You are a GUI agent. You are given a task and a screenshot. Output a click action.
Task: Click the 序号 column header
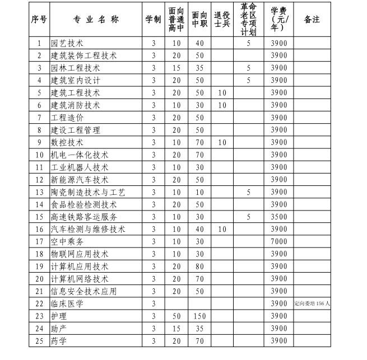(39, 19)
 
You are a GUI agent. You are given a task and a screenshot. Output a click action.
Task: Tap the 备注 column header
(312, 19)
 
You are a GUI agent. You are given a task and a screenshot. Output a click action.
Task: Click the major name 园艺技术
(67, 43)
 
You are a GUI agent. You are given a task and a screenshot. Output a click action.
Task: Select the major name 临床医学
(67, 303)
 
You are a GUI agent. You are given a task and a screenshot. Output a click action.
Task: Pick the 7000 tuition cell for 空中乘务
(278, 241)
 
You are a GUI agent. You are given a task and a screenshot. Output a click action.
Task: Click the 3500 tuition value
(278, 217)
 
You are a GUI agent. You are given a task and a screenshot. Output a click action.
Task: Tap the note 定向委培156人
(312, 303)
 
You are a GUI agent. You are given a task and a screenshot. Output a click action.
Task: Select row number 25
(39, 340)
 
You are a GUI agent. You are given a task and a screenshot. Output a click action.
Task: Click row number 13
(39, 192)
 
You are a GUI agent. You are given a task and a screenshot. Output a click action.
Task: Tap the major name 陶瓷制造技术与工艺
(87, 192)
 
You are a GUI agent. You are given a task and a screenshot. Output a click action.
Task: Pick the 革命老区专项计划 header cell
(248, 19)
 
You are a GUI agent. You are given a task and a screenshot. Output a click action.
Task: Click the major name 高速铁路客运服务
(83, 217)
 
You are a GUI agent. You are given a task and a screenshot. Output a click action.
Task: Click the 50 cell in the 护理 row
(176, 316)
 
